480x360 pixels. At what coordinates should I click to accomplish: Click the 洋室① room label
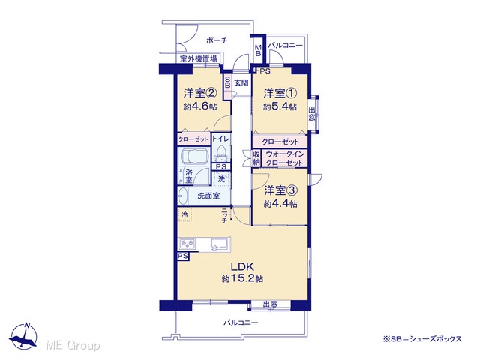click(x=280, y=93)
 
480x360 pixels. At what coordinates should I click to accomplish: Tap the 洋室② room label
click(x=200, y=93)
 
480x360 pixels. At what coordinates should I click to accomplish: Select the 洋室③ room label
click(x=280, y=190)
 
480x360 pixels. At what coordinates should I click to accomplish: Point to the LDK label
click(x=242, y=267)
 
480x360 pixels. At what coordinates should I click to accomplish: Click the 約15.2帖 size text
click(x=242, y=278)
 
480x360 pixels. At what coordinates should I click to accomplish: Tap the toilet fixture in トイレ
click(x=221, y=154)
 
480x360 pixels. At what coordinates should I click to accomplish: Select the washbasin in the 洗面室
click(x=183, y=196)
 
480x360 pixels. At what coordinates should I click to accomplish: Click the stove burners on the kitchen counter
click(x=187, y=244)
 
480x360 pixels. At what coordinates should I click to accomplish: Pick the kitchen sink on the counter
click(x=220, y=244)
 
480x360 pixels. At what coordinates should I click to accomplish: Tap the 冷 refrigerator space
click(x=184, y=214)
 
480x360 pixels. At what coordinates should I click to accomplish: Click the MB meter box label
click(x=258, y=50)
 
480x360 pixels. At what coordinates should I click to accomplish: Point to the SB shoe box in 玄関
click(x=227, y=82)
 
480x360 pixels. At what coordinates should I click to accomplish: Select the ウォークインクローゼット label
click(x=285, y=158)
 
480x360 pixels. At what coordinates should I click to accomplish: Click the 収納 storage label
click(x=256, y=158)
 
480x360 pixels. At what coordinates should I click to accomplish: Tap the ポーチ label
click(x=217, y=40)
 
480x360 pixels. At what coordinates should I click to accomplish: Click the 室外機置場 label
click(x=198, y=58)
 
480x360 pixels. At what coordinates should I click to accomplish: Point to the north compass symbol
click(x=23, y=336)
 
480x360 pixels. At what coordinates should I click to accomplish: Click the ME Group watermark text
click(x=73, y=346)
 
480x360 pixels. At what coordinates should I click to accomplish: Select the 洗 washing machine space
click(x=221, y=179)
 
